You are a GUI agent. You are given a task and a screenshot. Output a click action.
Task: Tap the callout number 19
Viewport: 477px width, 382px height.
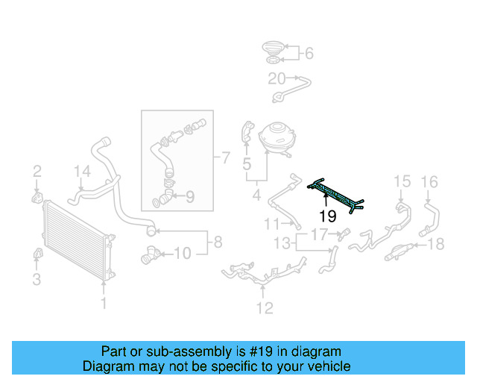(328, 217)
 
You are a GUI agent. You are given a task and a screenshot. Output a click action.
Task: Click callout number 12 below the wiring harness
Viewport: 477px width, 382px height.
(265, 307)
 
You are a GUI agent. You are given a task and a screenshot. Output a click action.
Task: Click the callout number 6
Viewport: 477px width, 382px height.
(309, 53)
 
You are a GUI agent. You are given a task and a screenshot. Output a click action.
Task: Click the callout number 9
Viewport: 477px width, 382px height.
(189, 197)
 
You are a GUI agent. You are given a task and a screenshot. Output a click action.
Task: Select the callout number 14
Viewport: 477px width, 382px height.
(81, 172)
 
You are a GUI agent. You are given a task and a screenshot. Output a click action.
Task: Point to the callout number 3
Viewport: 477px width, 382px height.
(36, 280)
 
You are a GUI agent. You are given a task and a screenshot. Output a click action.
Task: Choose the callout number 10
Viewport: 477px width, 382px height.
(183, 254)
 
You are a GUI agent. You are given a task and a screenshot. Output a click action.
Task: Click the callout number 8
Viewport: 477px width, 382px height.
(218, 242)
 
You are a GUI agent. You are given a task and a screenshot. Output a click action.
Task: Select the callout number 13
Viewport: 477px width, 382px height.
(282, 243)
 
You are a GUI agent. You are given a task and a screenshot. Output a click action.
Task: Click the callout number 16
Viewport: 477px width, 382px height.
(430, 181)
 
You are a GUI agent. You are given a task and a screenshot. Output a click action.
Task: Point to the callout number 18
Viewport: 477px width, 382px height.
(437, 243)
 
